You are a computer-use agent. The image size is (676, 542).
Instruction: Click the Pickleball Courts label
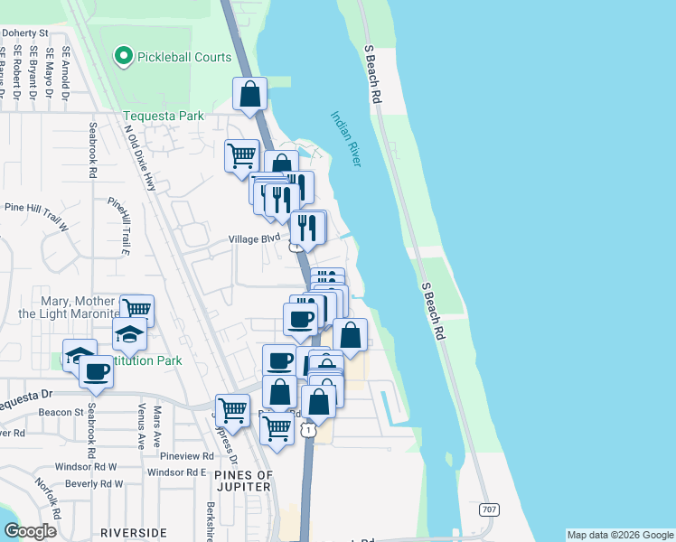(184, 57)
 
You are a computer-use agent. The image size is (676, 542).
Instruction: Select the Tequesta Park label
(164, 116)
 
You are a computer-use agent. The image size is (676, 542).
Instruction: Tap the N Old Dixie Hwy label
(140, 156)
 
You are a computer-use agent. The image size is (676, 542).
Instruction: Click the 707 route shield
(488, 510)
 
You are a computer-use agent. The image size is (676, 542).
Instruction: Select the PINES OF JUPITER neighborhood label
(243, 481)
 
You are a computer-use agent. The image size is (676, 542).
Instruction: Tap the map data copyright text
(620, 535)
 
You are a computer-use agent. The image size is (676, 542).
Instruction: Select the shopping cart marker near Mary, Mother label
(136, 311)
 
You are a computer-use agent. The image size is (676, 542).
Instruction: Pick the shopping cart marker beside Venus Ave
(232, 410)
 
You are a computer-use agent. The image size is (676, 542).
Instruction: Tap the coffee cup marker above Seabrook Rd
(96, 370)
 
